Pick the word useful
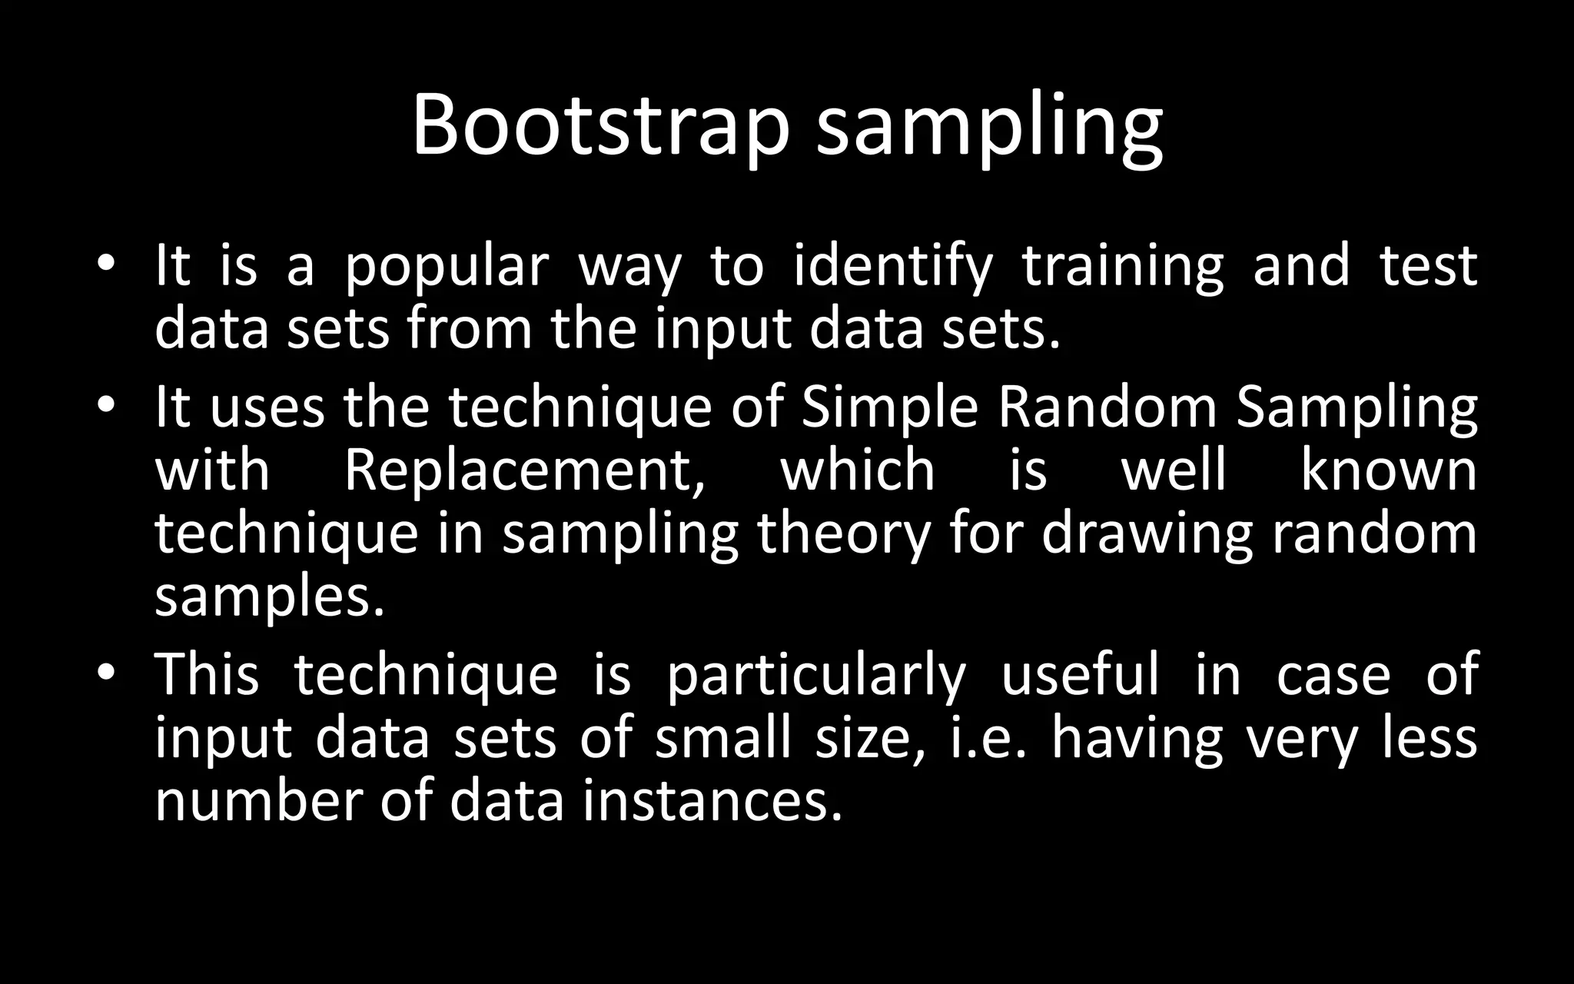click(x=1080, y=673)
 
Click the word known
click(x=1388, y=470)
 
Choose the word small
click(x=722, y=738)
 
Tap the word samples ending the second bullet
click(x=269, y=598)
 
